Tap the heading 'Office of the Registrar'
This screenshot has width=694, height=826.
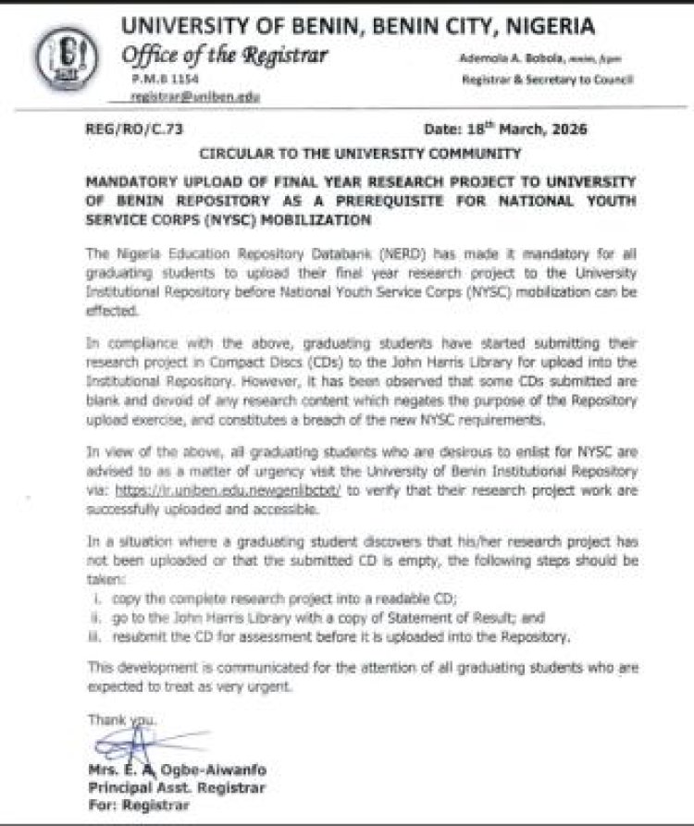pos(226,56)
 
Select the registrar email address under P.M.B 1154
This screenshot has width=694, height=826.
pos(195,96)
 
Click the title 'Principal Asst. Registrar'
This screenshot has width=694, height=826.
pos(177,787)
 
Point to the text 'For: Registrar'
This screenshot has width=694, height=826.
pos(133,805)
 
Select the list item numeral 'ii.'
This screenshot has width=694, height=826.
pos(96,618)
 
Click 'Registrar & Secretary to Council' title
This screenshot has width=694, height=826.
pos(547,80)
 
